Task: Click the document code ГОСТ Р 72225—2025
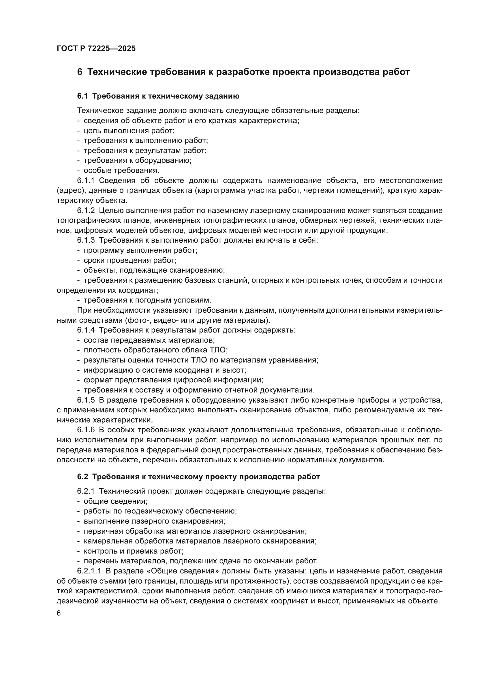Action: coord(96,48)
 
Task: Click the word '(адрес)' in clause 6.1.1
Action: coord(67,190)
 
